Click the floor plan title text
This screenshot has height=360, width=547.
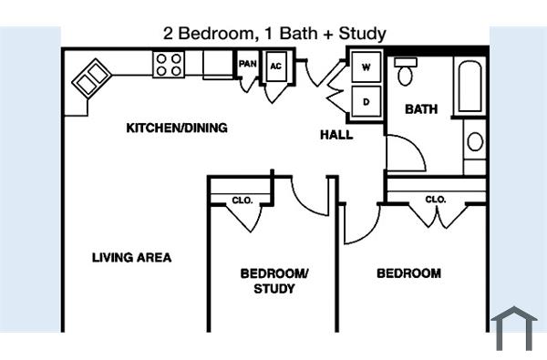click(x=274, y=34)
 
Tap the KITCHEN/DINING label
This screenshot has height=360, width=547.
click(x=176, y=129)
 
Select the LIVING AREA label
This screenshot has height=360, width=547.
click(x=131, y=258)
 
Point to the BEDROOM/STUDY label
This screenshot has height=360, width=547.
click(x=274, y=282)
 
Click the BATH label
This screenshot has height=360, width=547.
click(x=421, y=109)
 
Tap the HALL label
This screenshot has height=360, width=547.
click(x=336, y=136)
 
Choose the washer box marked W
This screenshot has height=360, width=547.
click(x=367, y=67)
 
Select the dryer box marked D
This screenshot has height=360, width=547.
click(x=367, y=101)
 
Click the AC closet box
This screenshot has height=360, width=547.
click(x=276, y=67)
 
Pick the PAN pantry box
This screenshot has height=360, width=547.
click(x=247, y=65)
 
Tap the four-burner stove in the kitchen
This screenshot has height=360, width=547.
click(x=169, y=64)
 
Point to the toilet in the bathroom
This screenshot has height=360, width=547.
click(x=406, y=72)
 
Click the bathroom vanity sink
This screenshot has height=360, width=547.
click(x=474, y=141)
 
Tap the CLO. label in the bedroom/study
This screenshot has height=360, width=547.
click(x=242, y=201)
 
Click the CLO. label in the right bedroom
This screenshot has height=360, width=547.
click(x=435, y=200)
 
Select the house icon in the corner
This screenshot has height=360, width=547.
click(x=514, y=328)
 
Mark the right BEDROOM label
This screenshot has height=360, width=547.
click(x=408, y=273)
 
